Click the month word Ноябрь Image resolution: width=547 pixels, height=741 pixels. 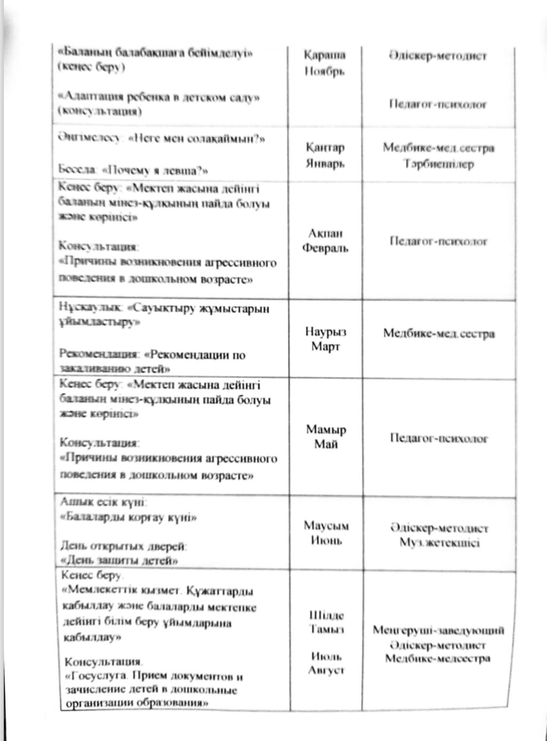point(324,71)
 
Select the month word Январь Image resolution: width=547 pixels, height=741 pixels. point(324,163)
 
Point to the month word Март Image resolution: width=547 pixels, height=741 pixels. point(326,347)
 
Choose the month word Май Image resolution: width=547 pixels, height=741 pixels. point(326,444)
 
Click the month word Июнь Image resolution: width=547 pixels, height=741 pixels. point(326,540)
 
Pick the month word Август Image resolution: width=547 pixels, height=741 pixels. point(327,670)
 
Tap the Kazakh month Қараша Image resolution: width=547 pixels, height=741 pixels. point(324,55)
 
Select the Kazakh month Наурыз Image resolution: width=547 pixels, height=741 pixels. point(326,331)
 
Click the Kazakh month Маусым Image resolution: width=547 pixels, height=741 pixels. point(326,525)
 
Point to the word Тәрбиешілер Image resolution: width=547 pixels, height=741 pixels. point(439,164)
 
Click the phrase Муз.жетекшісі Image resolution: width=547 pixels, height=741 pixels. point(439,543)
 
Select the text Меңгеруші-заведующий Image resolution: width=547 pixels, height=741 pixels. point(438,631)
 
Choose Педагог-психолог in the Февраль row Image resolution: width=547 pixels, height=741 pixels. point(439,241)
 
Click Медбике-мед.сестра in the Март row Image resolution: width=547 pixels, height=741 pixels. point(439,334)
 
